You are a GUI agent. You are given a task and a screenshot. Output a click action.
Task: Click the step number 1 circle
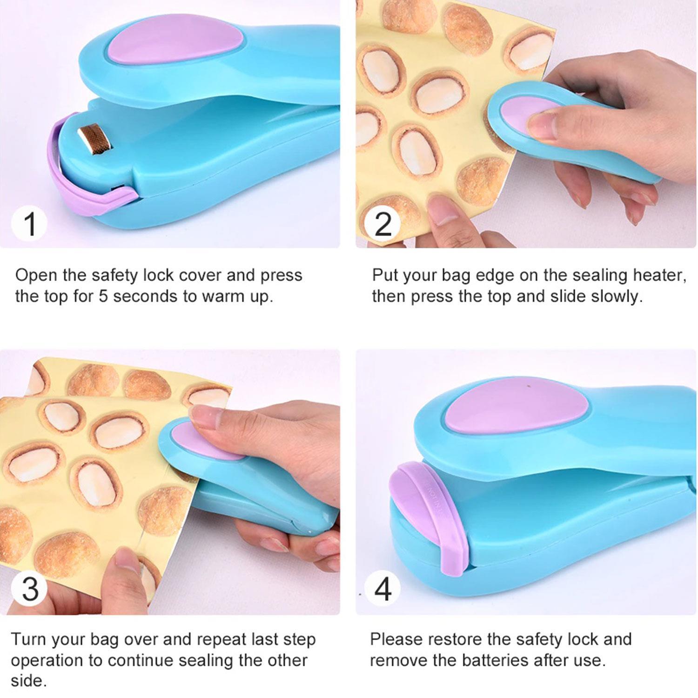pos(29,223)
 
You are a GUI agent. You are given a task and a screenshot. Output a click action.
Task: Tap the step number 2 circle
pos(383,223)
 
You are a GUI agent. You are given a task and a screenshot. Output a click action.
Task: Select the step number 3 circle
pos(29,589)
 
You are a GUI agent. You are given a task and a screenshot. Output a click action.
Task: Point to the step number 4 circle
pos(383,589)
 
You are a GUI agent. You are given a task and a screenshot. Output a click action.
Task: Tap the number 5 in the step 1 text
pos(103,296)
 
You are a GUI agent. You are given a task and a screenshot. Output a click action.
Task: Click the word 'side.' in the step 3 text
pos(29,681)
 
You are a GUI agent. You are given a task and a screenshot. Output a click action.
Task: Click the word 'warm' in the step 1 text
pos(224,297)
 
